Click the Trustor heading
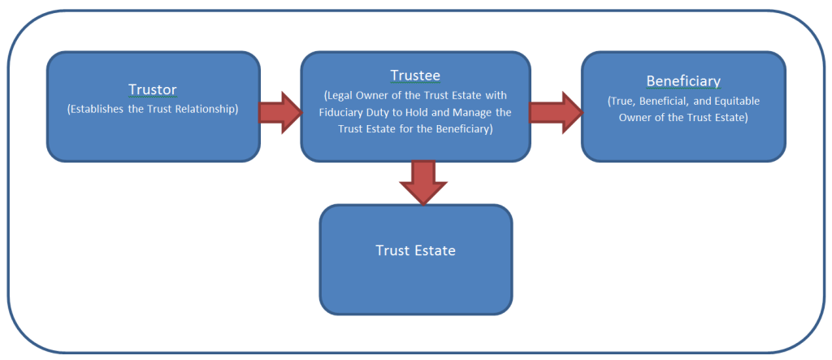coord(153,89)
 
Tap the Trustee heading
coord(415,76)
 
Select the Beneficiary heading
coord(683,81)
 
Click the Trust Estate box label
coord(415,250)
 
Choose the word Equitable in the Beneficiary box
coord(736,102)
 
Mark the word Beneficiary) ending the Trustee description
coord(460,129)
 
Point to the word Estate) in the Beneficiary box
coord(728,118)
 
